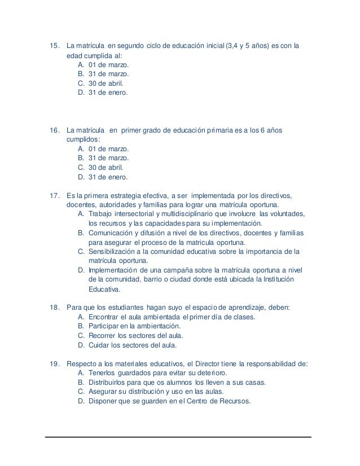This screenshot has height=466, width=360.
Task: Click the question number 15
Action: point(55,46)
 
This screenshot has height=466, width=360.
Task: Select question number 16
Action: point(55,131)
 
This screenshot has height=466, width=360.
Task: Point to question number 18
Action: point(55,307)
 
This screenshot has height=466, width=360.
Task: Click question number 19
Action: point(55,364)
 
